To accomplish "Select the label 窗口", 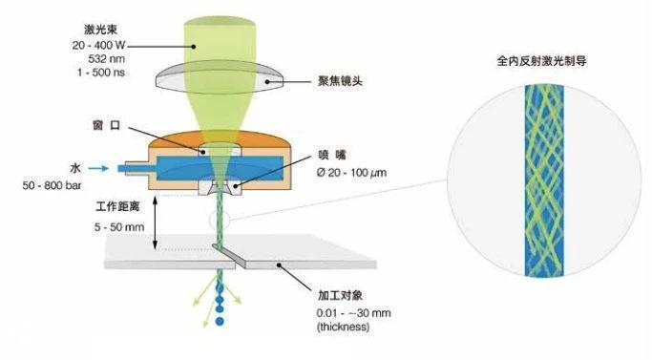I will [x=132, y=127].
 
